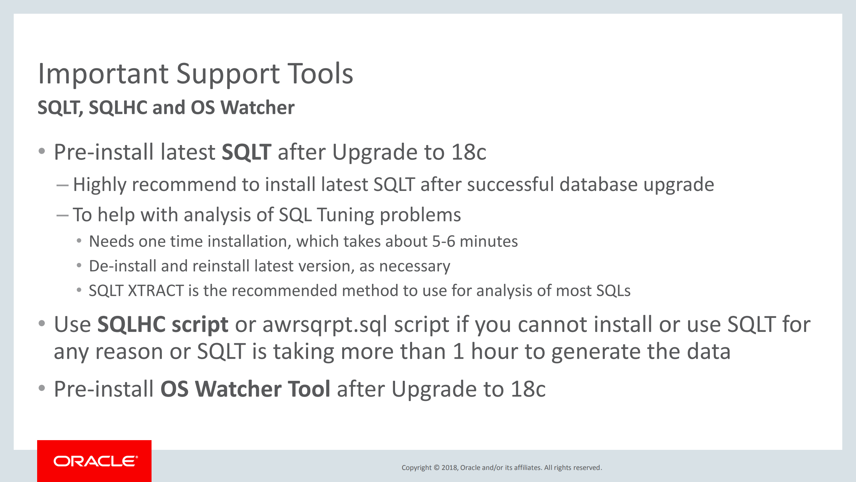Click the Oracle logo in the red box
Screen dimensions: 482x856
pos(95,461)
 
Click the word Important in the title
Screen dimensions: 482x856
pos(103,74)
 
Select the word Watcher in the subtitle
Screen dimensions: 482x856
pos(257,108)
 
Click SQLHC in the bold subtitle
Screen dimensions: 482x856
pos(118,108)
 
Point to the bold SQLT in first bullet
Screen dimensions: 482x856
pos(246,152)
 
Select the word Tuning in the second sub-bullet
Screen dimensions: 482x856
pos(345,215)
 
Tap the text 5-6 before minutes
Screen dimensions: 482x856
pos(444,241)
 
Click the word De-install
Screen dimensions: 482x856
pos(122,266)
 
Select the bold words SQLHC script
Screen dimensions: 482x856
pos(163,325)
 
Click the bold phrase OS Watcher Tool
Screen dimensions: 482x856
pos(245,389)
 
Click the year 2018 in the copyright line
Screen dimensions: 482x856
pos(449,468)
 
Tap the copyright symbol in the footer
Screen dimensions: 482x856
pos(437,468)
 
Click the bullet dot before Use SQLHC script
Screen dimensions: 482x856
pos(42,324)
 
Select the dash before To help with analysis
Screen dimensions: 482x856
pos(63,215)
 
